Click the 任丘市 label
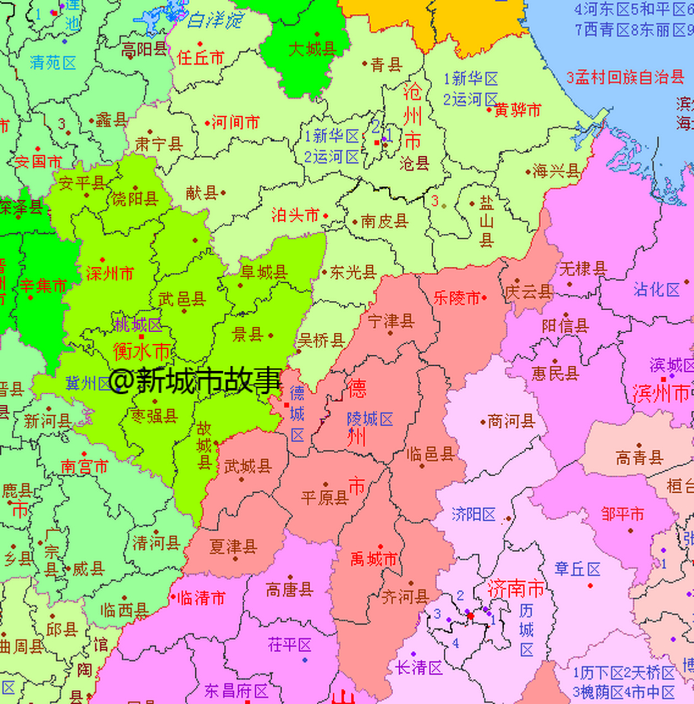pos(201,57)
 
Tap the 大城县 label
pos(312,49)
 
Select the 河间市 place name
pos(235,122)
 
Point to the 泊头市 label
pos(295,215)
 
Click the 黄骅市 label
pos(517,110)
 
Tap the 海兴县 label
pos(556,171)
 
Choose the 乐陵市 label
pos(456,298)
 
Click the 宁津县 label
pos(390,321)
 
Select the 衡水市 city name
pos(141,351)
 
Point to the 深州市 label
pos(109,273)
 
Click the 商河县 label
pos(511,422)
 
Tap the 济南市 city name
pos(515,589)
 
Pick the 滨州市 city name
pos(660,393)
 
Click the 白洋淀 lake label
pos(215,21)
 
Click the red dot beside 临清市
pos(173,597)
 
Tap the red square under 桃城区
pos(141,337)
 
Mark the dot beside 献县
pos(223,193)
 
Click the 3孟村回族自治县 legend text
pos(625,78)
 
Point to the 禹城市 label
pos(373,559)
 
